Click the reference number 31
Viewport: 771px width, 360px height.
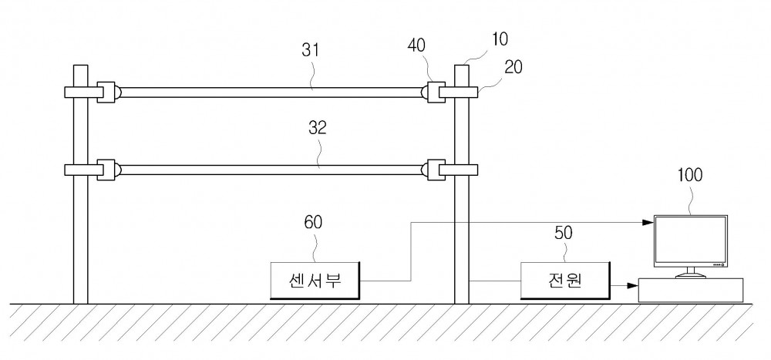[x=311, y=51]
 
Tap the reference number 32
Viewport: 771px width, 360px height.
[x=318, y=128]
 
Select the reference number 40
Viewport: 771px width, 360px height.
[x=416, y=45]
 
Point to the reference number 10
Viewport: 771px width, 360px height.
[x=500, y=39]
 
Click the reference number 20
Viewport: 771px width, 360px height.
[x=513, y=67]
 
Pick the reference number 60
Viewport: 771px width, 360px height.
[x=313, y=222]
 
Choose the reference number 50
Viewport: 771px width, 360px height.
[x=564, y=233]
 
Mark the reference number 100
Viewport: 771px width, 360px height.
[x=690, y=174]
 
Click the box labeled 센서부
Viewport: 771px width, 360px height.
[x=315, y=281]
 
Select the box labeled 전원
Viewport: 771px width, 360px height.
[x=565, y=281]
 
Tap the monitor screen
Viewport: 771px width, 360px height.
[x=690, y=240]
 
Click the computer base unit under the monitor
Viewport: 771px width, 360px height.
[x=690, y=290]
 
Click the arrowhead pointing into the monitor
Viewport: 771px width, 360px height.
[x=648, y=222]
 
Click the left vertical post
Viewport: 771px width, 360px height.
[x=81, y=184]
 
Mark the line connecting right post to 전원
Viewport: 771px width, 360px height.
[x=495, y=281]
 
